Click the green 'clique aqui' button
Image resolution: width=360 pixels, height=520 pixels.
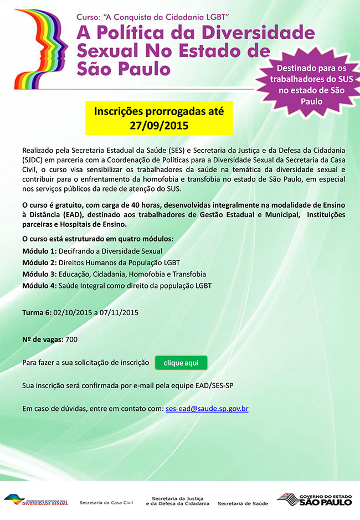tap(181, 363)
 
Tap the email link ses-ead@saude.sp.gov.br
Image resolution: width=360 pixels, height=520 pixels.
tap(207, 409)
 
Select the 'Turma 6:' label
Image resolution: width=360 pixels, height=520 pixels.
tap(37, 312)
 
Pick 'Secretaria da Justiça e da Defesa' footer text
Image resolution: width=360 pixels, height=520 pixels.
tap(177, 501)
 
